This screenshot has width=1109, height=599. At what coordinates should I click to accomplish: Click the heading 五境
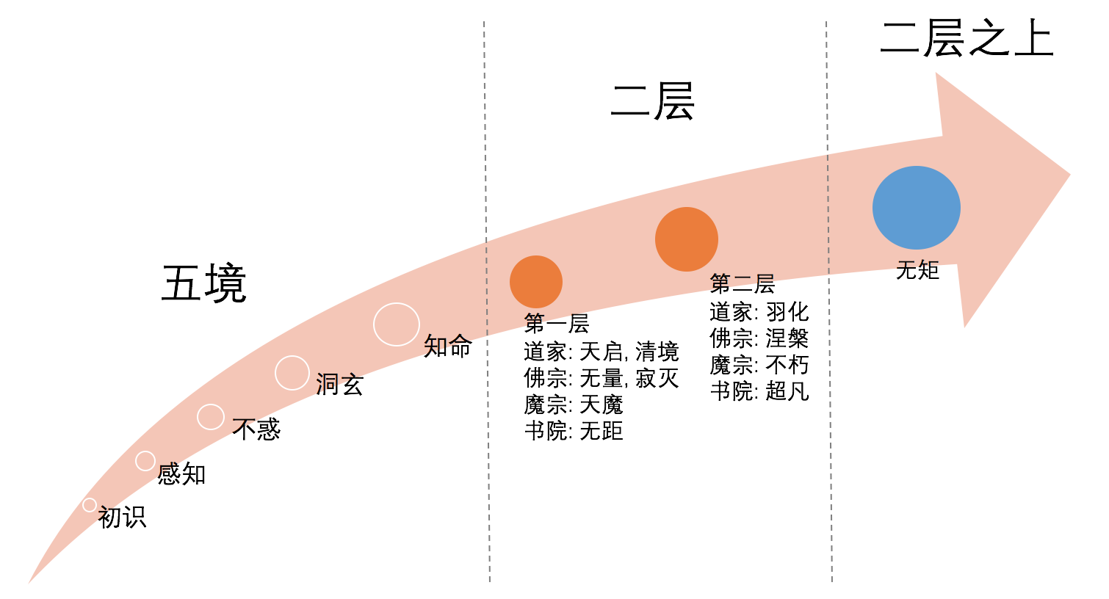[x=203, y=284]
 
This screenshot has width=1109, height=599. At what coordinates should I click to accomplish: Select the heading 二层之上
[x=967, y=39]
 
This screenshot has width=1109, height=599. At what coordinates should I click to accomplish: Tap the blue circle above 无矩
[x=916, y=208]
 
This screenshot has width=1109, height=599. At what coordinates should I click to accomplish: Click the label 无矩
[x=917, y=270]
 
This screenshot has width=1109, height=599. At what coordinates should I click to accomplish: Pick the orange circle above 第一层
[x=536, y=282]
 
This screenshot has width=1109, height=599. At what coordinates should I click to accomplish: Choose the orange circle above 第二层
[x=686, y=239]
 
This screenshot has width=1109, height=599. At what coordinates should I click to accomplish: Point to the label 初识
[x=122, y=518]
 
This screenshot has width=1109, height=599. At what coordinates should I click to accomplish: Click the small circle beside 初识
[x=90, y=505]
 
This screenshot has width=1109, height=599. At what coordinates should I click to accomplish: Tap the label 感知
[x=181, y=474]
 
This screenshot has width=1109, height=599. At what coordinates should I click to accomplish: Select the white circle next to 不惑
[x=211, y=417]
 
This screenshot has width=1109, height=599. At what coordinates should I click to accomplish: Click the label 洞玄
[x=339, y=385]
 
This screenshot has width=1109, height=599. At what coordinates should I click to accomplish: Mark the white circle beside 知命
[x=397, y=324]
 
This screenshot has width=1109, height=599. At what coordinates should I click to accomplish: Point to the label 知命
[x=447, y=346]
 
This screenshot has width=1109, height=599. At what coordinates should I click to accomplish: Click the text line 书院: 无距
[x=574, y=431]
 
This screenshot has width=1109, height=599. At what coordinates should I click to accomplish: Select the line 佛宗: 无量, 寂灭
[x=601, y=378]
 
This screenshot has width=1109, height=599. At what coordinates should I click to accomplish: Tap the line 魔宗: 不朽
[x=759, y=365]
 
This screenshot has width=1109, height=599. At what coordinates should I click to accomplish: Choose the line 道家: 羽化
[x=759, y=312]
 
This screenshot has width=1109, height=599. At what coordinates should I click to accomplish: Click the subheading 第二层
[x=742, y=284]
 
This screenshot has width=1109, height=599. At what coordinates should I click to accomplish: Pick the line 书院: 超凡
[x=759, y=391]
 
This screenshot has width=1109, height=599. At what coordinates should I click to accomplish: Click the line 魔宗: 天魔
[x=573, y=404]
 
